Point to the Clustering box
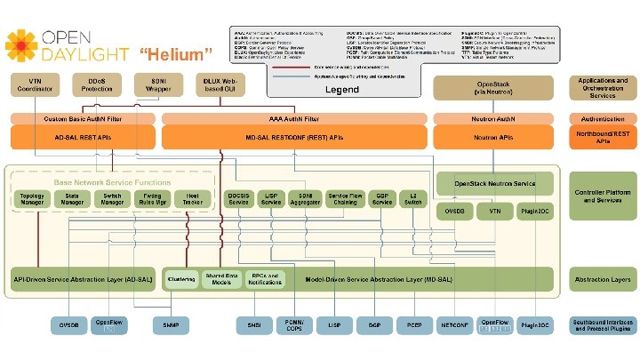[x=181, y=279]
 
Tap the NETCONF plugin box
[x=454, y=326]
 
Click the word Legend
[x=341, y=90]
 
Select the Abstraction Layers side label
[x=602, y=279]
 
